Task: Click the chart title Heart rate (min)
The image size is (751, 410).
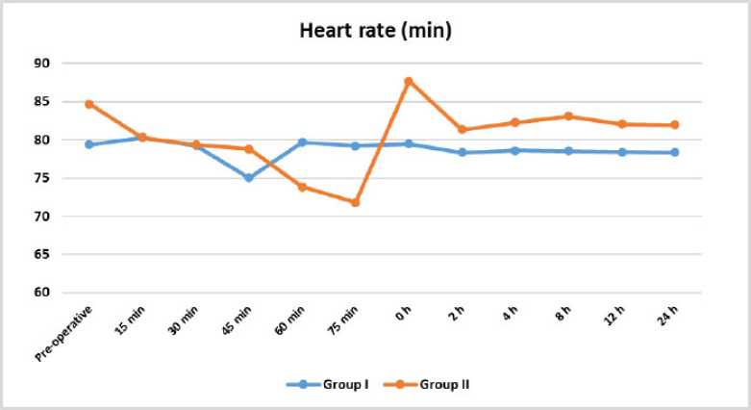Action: (x=375, y=31)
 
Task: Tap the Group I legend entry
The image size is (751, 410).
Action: (x=328, y=385)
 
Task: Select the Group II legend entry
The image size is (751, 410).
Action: (x=427, y=385)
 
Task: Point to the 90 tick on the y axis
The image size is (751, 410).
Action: (x=41, y=64)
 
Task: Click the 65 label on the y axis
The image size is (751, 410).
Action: (x=41, y=254)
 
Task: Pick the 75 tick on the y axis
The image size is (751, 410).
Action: (x=41, y=178)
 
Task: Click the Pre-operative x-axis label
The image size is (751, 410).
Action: (x=63, y=334)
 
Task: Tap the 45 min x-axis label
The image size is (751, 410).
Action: (x=237, y=320)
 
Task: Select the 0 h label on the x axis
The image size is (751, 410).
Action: (x=403, y=314)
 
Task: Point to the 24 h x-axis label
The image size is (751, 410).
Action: (x=667, y=316)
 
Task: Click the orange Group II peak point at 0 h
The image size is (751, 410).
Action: (x=409, y=82)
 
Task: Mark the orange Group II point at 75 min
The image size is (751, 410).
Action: (x=355, y=202)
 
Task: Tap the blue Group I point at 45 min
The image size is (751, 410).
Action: (x=249, y=177)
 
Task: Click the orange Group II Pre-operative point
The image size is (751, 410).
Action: (x=89, y=104)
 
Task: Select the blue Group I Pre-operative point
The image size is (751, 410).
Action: (x=89, y=144)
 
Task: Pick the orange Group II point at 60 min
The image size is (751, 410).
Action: (x=302, y=187)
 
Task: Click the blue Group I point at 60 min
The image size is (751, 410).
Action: (x=302, y=142)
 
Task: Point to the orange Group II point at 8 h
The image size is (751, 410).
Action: (x=568, y=116)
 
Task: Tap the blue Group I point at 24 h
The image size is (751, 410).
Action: (x=675, y=152)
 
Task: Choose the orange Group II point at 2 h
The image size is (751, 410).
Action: (x=463, y=130)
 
